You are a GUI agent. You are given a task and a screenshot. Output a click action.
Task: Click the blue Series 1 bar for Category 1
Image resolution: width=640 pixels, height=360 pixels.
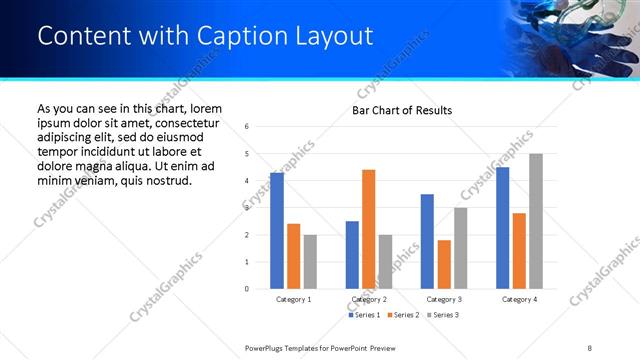tap(277, 231)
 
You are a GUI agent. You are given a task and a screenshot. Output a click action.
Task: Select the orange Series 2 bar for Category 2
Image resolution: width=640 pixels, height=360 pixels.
tap(369, 229)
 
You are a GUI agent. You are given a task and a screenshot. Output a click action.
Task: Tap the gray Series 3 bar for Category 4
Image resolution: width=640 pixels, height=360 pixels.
tap(536, 221)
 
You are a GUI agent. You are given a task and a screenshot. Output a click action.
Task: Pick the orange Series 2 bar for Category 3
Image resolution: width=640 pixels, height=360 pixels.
tap(444, 264)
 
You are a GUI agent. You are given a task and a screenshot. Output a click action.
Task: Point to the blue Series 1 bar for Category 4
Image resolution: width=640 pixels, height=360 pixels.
tap(502, 228)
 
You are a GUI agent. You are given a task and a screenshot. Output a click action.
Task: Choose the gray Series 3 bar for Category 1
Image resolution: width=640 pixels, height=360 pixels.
tap(311, 262)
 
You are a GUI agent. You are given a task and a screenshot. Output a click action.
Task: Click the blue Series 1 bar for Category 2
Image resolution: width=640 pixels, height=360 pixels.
tap(352, 255)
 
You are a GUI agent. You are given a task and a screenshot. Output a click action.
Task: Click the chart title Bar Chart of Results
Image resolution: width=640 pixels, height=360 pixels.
tap(402, 110)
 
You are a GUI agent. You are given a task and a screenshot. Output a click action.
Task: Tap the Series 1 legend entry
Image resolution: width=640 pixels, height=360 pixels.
tap(364, 315)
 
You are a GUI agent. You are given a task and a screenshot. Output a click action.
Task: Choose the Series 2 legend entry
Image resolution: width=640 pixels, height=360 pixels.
tap(402, 315)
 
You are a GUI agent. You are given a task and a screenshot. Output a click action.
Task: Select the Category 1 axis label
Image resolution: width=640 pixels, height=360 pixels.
tap(293, 299)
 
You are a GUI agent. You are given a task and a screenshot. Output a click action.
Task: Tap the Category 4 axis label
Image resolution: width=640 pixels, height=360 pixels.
tap(519, 299)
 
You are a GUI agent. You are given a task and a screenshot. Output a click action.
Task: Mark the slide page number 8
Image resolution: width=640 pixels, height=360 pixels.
tap(590, 347)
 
